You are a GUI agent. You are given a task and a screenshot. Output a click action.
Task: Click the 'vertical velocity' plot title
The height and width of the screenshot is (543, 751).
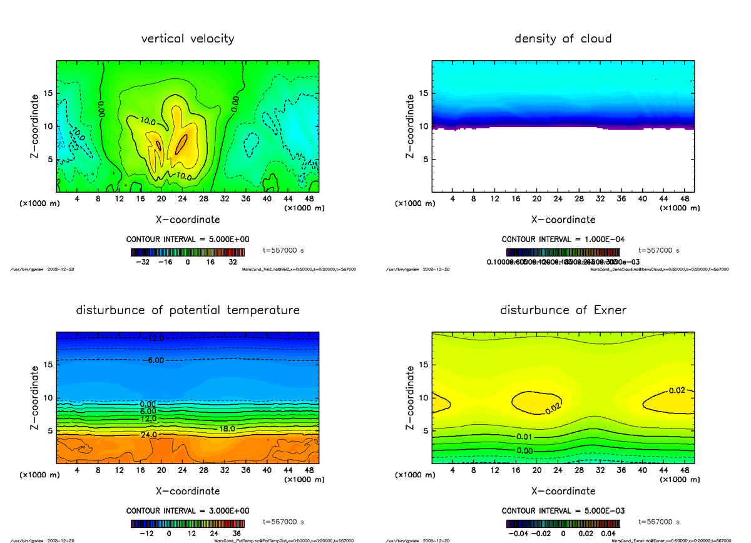tap(188, 39)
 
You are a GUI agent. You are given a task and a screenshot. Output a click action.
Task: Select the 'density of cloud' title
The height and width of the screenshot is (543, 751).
tap(563, 39)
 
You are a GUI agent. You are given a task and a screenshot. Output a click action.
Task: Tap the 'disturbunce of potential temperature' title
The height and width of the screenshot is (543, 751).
tap(188, 310)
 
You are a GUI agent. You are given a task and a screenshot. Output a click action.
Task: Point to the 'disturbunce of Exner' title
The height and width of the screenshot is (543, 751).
tap(563, 310)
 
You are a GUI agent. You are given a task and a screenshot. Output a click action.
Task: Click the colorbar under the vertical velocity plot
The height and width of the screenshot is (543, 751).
tap(187, 253)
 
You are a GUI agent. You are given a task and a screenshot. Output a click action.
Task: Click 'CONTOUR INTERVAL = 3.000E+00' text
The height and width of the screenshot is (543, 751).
tap(188, 510)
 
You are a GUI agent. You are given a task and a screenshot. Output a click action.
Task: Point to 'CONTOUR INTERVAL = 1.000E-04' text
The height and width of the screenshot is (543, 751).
tap(563, 239)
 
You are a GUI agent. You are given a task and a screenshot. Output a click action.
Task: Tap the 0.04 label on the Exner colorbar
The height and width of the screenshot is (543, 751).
tap(608, 534)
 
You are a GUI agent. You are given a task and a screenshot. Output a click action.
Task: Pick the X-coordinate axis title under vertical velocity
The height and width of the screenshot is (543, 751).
tap(188, 220)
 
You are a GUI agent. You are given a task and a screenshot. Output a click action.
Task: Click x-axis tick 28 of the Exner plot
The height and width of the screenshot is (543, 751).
tap(579, 470)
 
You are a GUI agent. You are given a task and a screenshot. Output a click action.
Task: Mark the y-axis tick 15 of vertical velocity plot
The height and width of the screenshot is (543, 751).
tap(48, 93)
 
